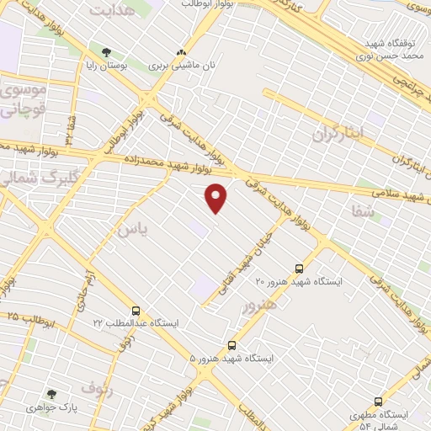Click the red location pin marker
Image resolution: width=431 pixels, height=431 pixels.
pos(217,198)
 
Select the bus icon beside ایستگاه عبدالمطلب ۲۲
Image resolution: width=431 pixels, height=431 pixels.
pos(136,311)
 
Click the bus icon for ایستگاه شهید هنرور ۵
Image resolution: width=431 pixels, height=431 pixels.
pos(232,345)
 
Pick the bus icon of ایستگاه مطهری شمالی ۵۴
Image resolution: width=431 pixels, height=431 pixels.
pos(378,402)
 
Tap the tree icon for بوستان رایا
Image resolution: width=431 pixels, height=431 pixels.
pos(106,52)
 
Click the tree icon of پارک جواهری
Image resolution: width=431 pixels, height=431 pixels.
pos(52,393)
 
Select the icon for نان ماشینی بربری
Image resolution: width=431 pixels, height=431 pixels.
pos(181,53)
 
